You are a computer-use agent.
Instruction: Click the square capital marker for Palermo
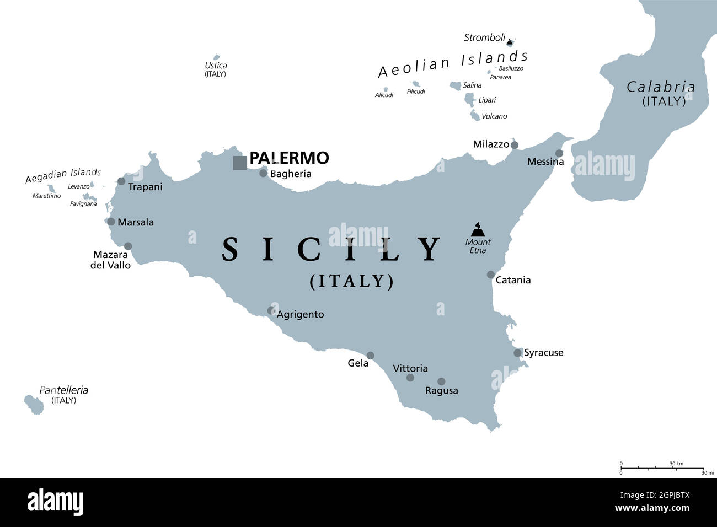(240, 163)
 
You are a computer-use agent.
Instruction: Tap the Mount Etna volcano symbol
(477, 229)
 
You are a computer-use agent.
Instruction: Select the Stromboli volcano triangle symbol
(510, 41)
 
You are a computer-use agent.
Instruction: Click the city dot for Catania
(491, 275)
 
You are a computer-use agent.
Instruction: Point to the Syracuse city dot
(517, 353)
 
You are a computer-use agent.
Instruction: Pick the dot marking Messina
(559, 153)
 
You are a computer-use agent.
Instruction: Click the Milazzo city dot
(515, 145)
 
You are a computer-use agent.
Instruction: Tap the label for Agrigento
(300, 314)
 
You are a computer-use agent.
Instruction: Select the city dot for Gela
(371, 356)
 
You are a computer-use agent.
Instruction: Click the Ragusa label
(441, 391)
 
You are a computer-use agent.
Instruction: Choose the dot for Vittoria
(410, 378)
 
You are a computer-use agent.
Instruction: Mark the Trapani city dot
(121, 181)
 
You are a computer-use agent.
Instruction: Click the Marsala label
(136, 222)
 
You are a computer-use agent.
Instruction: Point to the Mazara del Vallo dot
(128, 246)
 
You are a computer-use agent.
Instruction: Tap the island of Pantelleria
(34, 404)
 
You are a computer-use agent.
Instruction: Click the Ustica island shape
(216, 57)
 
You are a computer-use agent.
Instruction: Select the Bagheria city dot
(263, 173)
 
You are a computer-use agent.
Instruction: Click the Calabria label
(661, 87)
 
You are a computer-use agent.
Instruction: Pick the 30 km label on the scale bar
(676, 464)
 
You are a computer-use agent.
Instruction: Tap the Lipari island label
(487, 100)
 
